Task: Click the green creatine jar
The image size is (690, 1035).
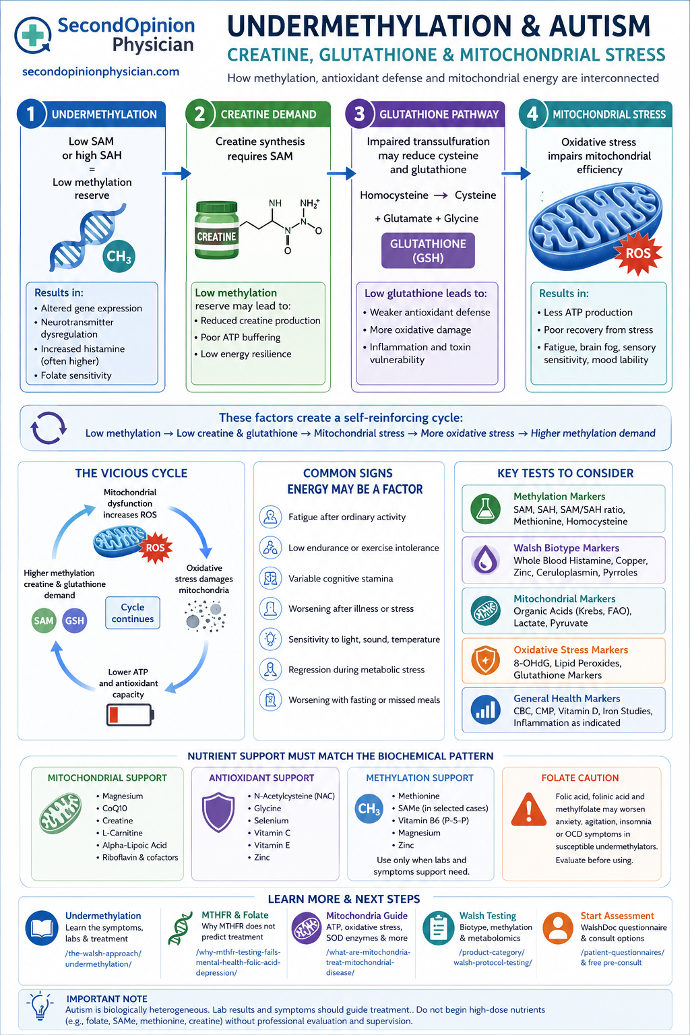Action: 217,230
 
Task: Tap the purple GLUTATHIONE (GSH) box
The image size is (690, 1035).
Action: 428,251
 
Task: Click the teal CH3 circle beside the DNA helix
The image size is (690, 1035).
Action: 119,256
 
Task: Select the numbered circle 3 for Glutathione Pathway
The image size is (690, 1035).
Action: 359,114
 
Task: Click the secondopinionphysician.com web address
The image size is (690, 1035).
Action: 101,71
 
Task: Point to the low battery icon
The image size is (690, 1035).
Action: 130,715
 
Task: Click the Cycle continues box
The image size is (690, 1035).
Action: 133,613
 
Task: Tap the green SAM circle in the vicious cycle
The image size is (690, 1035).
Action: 43,621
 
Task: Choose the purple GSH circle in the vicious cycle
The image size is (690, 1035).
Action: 74,621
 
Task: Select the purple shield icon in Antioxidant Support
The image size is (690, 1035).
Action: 218,812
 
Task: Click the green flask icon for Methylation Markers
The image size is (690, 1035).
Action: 485,509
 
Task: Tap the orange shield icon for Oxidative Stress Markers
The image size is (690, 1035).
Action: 485,661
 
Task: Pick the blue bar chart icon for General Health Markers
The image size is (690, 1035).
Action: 485,710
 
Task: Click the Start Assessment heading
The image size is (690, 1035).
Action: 617,916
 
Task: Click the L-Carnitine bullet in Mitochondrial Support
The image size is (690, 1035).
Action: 119,833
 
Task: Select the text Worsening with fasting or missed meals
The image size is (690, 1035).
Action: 364,700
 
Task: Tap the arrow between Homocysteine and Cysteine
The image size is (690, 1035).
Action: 441,195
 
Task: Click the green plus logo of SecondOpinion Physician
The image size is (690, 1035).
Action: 32,35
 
